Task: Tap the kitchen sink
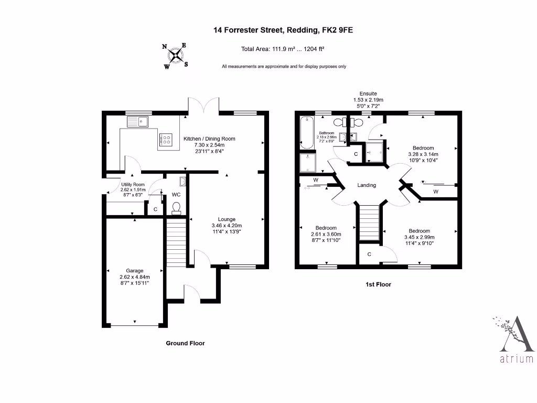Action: tap(137, 122)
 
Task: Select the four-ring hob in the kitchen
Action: tap(166, 140)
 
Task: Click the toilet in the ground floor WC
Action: tap(177, 208)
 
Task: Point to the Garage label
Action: tap(134, 271)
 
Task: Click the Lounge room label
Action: tap(227, 219)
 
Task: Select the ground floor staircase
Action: tap(177, 243)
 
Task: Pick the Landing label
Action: tap(367, 185)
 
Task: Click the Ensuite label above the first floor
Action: tap(368, 93)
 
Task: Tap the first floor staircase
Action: tap(369, 223)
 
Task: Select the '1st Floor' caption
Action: tap(378, 285)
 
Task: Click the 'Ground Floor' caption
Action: tap(185, 343)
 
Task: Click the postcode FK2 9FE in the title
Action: tap(337, 30)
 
